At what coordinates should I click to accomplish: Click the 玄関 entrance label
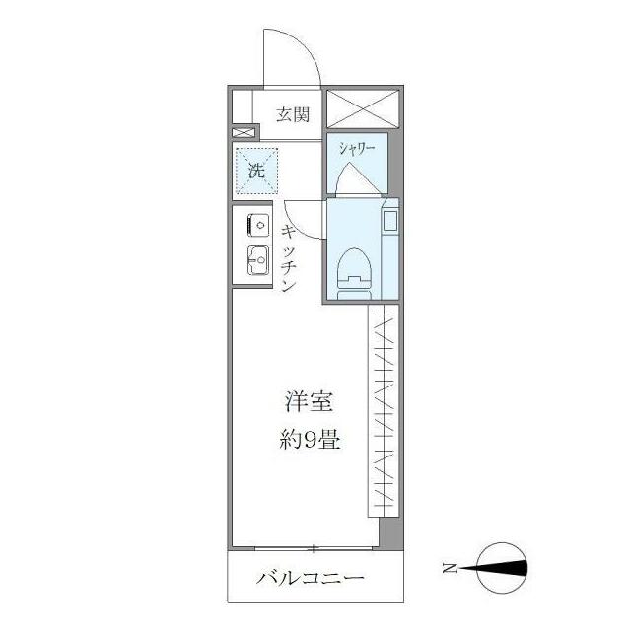point(293,115)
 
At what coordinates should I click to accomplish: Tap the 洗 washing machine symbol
point(256,170)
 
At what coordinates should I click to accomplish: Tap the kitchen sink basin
point(258,261)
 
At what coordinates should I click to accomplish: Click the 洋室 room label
point(308,402)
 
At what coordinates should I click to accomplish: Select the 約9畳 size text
point(308,440)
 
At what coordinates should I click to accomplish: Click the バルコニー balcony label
point(311,578)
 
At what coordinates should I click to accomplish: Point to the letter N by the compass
point(450,568)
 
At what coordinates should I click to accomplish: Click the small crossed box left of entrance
point(242,131)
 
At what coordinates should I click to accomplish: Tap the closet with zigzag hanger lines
point(385,409)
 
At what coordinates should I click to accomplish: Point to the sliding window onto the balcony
point(314,547)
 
